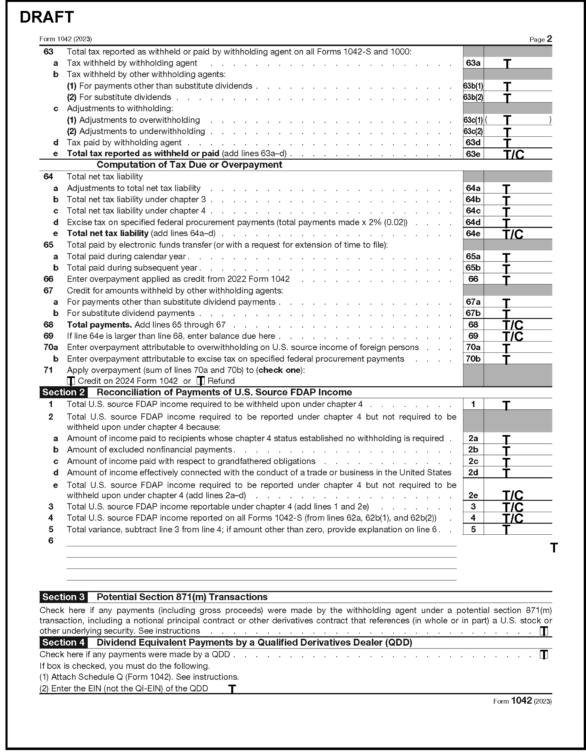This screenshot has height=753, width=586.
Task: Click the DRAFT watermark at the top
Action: (x=46, y=17)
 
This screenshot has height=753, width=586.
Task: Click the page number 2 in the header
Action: (x=549, y=39)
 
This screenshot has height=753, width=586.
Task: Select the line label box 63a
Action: (x=473, y=63)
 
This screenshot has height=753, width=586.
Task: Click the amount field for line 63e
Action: (x=517, y=154)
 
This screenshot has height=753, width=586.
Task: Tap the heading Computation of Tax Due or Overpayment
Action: (x=189, y=165)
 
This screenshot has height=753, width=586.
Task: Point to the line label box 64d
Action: (x=473, y=222)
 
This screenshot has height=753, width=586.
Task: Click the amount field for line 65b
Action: (x=517, y=268)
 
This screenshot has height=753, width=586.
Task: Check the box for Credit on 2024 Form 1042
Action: (x=71, y=381)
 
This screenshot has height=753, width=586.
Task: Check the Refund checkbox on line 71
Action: (x=201, y=381)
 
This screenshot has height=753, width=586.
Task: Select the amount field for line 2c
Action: (x=517, y=461)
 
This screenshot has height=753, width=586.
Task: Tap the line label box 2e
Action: (x=473, y=495)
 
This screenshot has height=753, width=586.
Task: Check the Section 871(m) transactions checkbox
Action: (x=543, y=631)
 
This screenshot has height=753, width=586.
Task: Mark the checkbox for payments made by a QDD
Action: (x=543, y=654)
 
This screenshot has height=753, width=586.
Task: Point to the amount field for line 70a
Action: (x=517, y=348)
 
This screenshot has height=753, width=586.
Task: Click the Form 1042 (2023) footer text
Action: (x=522, y=701)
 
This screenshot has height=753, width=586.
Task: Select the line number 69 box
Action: (x=473, y=336)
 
